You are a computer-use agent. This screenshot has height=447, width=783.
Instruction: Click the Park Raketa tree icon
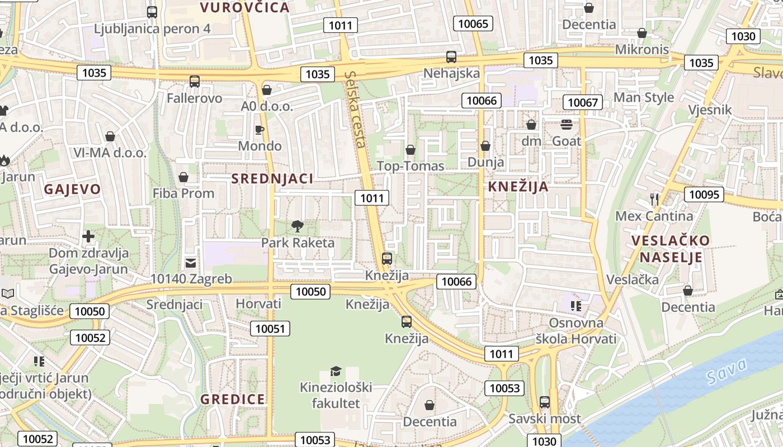tap(298, 226)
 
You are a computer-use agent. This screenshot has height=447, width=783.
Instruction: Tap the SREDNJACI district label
tap(272, 179)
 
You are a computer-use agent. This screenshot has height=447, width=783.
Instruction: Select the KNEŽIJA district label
tap(518, 187)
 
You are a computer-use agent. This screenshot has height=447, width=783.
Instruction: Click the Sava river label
tap(726, 370)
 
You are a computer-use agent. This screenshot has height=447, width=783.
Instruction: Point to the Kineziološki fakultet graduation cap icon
tap(336, 371)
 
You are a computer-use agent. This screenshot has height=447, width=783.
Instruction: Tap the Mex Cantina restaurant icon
tap(654, 199)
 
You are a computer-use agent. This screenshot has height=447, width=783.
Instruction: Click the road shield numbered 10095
tap(704, 194)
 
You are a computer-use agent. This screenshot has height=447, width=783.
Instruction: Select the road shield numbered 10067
tap(583, 102)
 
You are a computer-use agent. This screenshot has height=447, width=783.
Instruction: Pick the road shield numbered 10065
tap(473, 23)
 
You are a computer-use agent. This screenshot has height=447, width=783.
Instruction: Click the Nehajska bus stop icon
tap(451, 57)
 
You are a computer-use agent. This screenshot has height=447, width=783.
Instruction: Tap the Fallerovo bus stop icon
tap(195, 82)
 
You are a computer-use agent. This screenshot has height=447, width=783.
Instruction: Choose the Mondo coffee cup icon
tap(260, 130)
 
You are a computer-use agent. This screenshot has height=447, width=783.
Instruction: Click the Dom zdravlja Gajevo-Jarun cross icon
tap(88, 236)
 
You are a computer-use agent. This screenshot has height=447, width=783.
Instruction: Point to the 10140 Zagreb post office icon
tap(191, 263)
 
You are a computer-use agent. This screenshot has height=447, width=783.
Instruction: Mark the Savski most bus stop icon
tap(544, 402)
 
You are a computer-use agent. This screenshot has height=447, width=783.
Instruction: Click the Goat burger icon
tap(567, 124)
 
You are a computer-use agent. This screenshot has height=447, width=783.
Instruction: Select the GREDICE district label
tap(233, 399)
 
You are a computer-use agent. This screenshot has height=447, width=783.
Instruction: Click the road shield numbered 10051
tap(270, 329)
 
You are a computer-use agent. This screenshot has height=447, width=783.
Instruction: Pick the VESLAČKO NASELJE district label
tap(671, 249)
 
